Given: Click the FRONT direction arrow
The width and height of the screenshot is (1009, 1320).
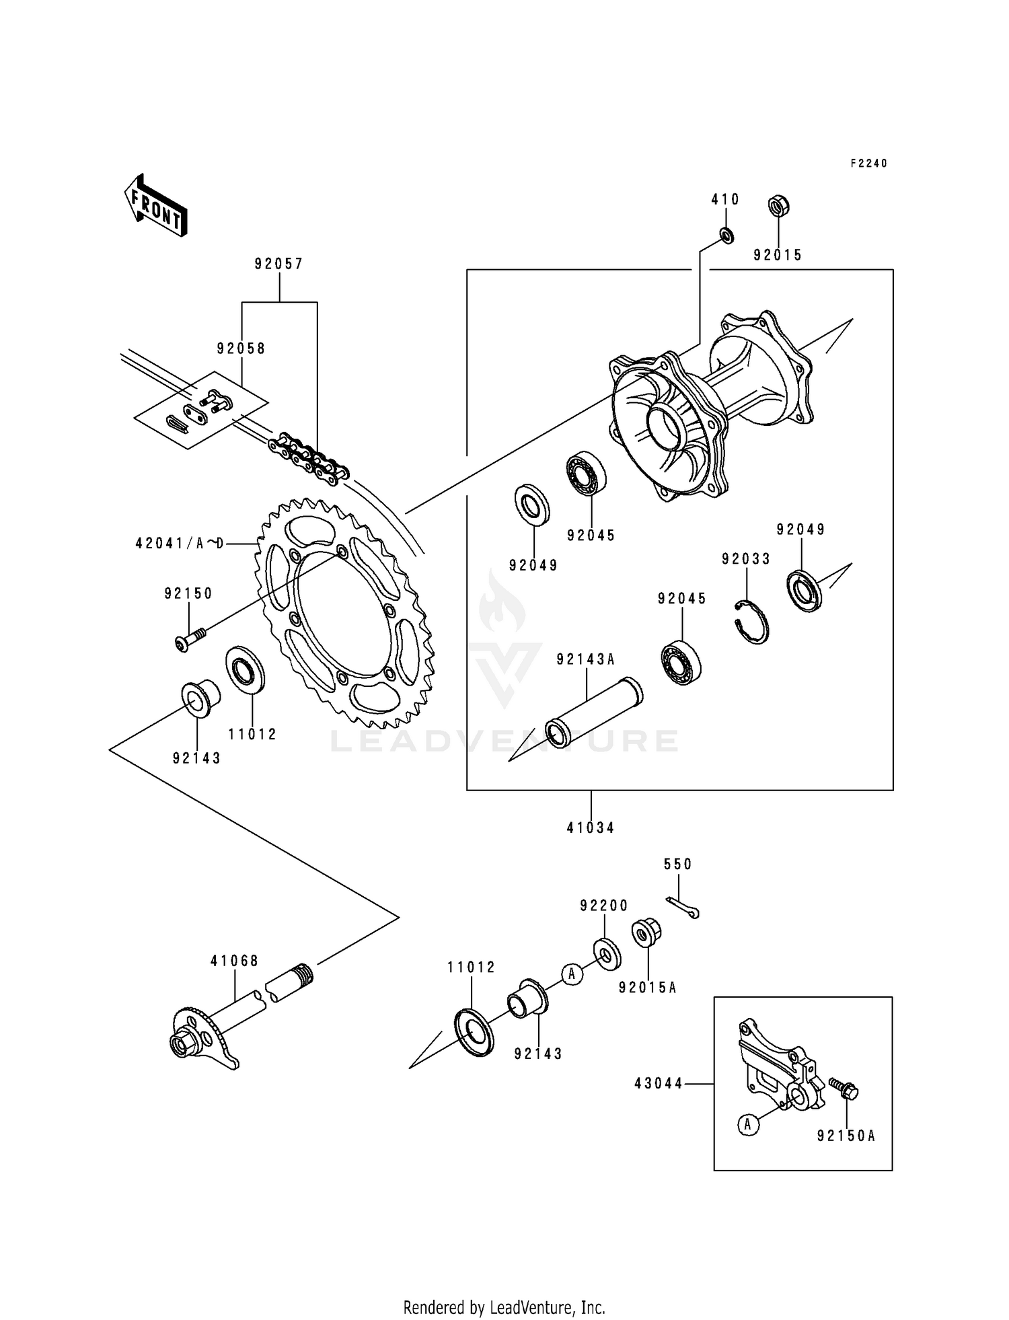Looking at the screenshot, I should click(x=155, y=205).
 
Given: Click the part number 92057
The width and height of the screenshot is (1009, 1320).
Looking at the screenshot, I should click(x=278, y=264).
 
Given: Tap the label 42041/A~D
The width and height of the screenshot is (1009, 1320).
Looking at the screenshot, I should click(x=179, y=542).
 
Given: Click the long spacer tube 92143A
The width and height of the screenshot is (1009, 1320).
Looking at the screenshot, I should click(x=593, y=712).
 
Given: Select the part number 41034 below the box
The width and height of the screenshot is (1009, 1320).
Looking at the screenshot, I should click(x=590, y=828).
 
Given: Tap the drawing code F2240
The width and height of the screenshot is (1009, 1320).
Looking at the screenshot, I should click(x=868, y=163).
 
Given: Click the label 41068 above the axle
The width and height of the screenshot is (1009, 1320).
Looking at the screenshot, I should click(x=234, y=961).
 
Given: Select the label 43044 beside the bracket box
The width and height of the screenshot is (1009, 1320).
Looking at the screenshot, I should click(x=658, y=1084).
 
